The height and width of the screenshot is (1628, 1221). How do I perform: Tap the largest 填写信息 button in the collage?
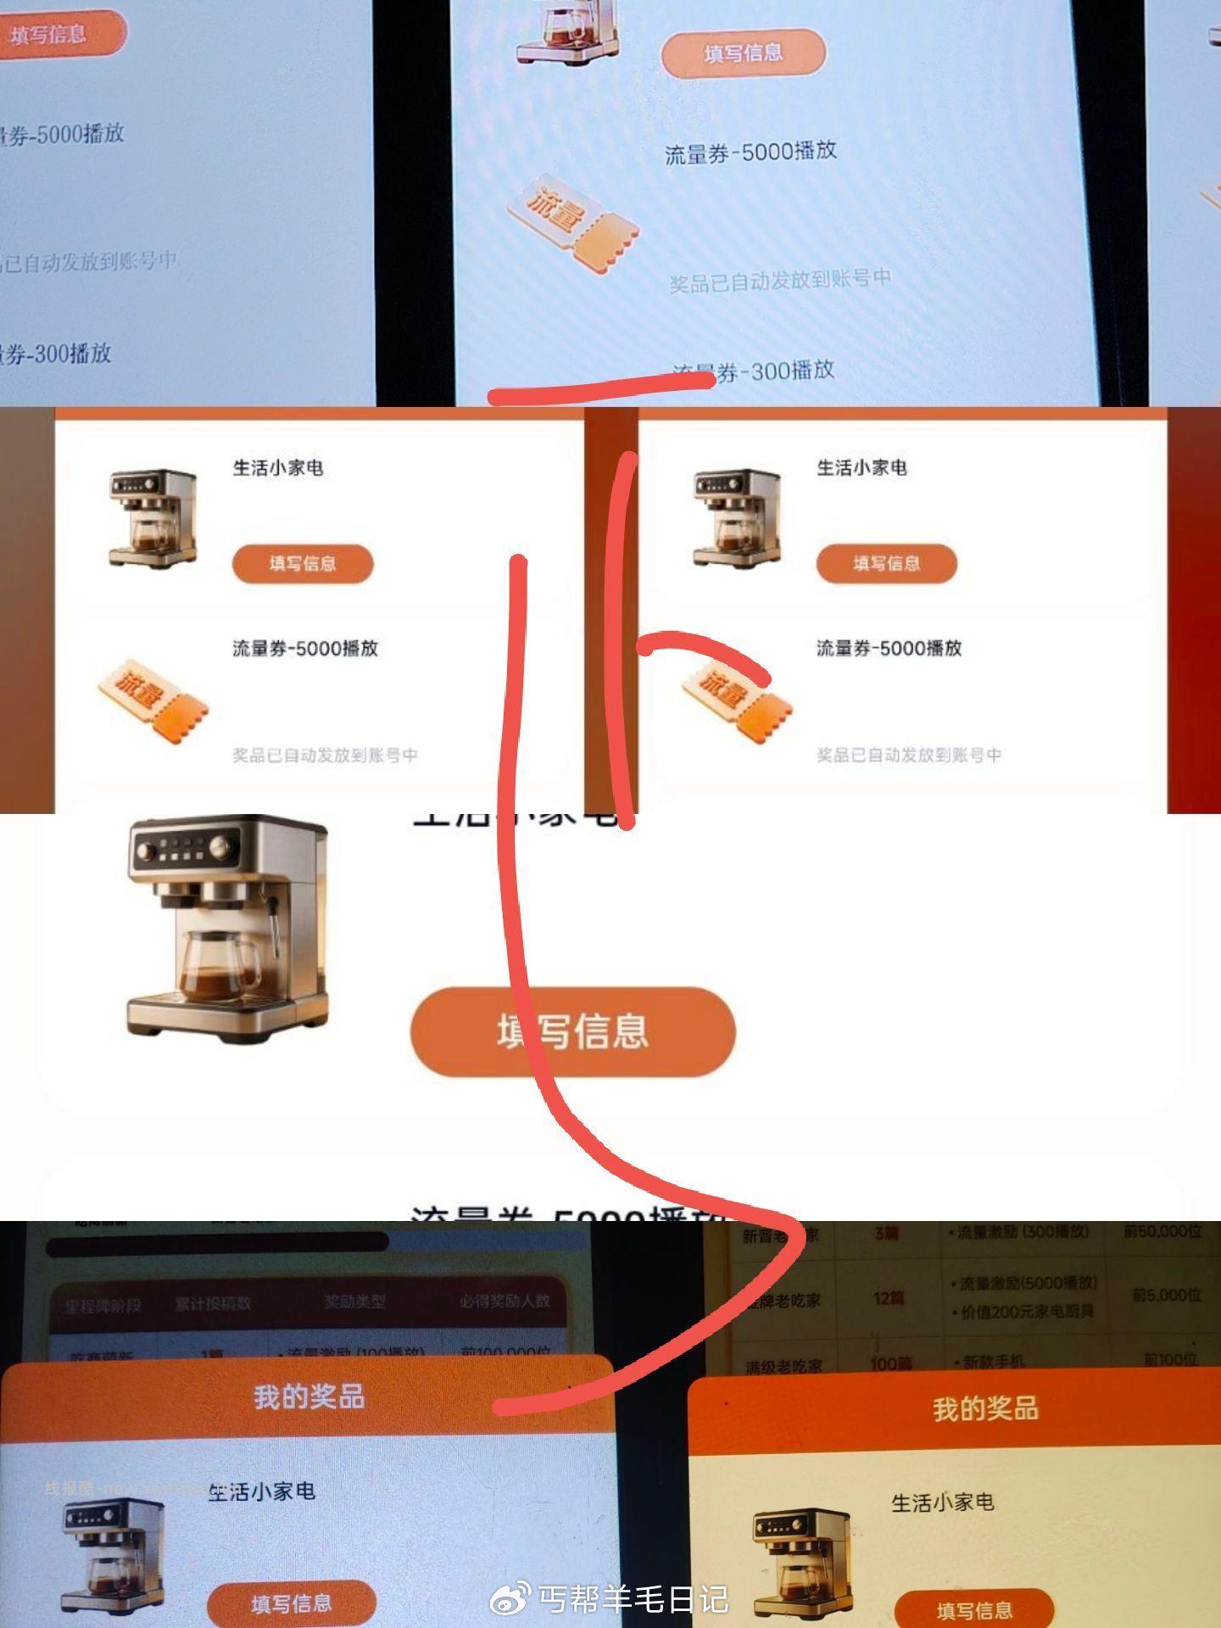[x=573, y=1032]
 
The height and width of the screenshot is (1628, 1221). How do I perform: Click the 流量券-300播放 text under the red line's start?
[x=754, y=371]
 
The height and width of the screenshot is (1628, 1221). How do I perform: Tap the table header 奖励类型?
[x=354, y=1302]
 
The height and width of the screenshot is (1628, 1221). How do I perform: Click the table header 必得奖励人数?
[x=505, y=1301]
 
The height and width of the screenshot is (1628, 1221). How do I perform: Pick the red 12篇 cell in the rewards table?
[x=888, y=1298]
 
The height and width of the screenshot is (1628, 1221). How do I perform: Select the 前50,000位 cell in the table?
[x=1162, y=1231]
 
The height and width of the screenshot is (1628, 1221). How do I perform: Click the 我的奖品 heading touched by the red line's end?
[x=309, y=1397]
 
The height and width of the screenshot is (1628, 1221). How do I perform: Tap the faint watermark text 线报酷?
[x=72, y=1488]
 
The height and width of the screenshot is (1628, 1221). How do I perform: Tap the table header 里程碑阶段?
[x=103, y=1305]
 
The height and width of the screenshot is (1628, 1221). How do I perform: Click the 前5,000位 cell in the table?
[x=1167, y=1296]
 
